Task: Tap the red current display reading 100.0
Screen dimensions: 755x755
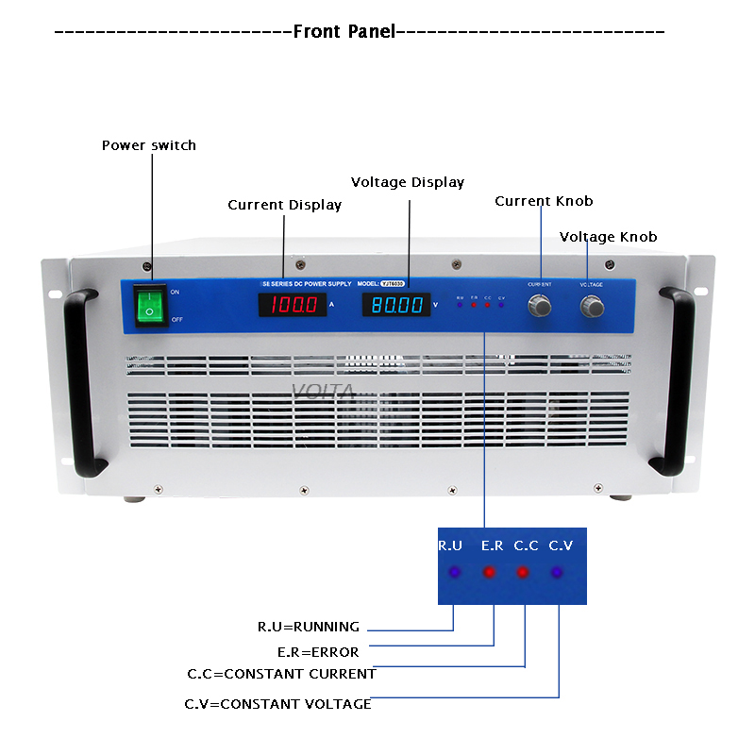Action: click(293, 305)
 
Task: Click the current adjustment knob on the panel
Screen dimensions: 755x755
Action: click(540, 306)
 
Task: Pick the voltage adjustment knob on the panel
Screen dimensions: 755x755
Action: click(593, 306)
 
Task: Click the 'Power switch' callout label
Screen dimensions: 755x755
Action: click(149, 145)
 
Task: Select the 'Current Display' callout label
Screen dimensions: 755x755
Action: click(284, 205)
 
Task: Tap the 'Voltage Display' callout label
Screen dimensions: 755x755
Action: click(408, 182)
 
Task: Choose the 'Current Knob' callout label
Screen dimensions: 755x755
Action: click(544, 201)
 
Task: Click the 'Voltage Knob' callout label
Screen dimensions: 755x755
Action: click(608, 237)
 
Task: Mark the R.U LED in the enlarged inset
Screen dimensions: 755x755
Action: click(454, 572)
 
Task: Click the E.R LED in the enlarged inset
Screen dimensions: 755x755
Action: click(489, 572)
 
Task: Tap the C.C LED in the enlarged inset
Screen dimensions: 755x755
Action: click(522, 572)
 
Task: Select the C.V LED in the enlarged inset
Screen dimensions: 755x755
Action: click(556, 572)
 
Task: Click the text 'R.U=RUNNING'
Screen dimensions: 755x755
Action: click(309, 627)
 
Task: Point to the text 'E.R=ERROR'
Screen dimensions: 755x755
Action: click(318, 651)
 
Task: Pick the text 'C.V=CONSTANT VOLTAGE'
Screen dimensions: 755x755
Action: click(277, 704)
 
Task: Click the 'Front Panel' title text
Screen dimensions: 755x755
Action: click(344, 31)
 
